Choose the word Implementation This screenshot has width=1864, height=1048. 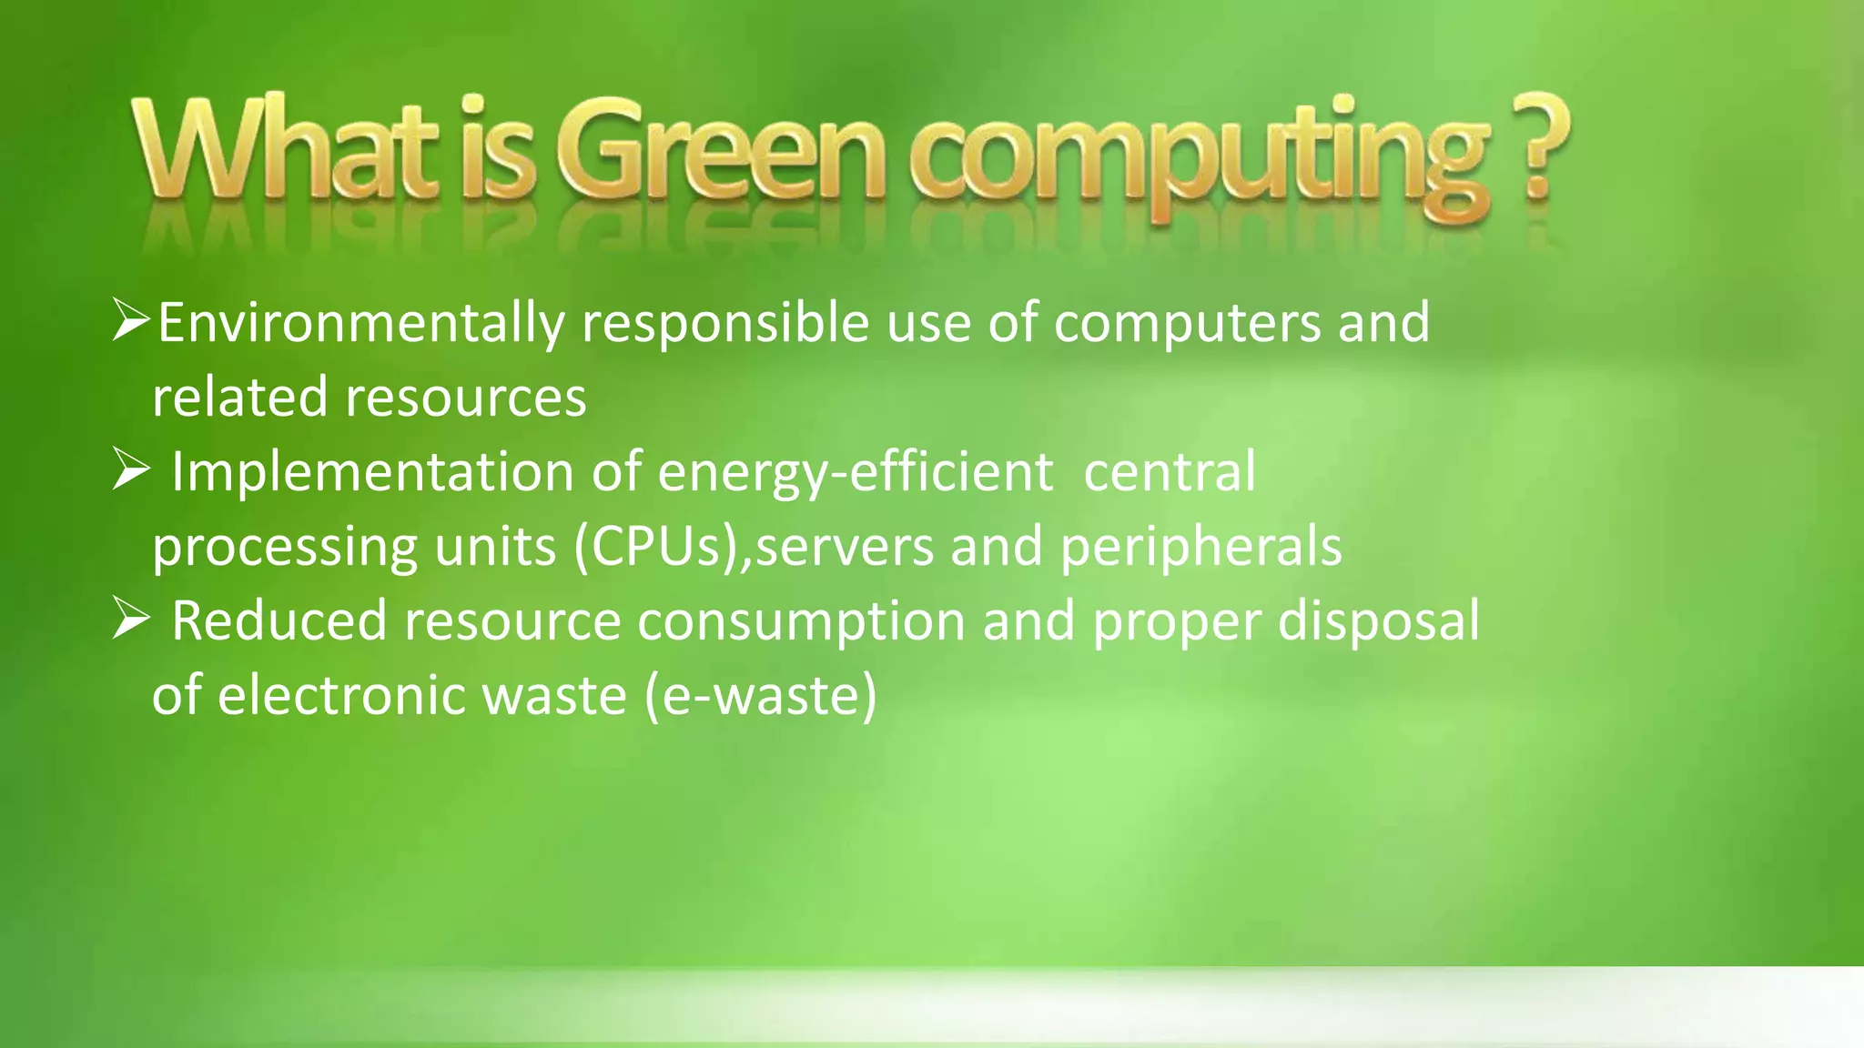372,472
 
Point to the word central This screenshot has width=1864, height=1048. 1170,472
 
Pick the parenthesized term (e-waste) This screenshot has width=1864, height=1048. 760,696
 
